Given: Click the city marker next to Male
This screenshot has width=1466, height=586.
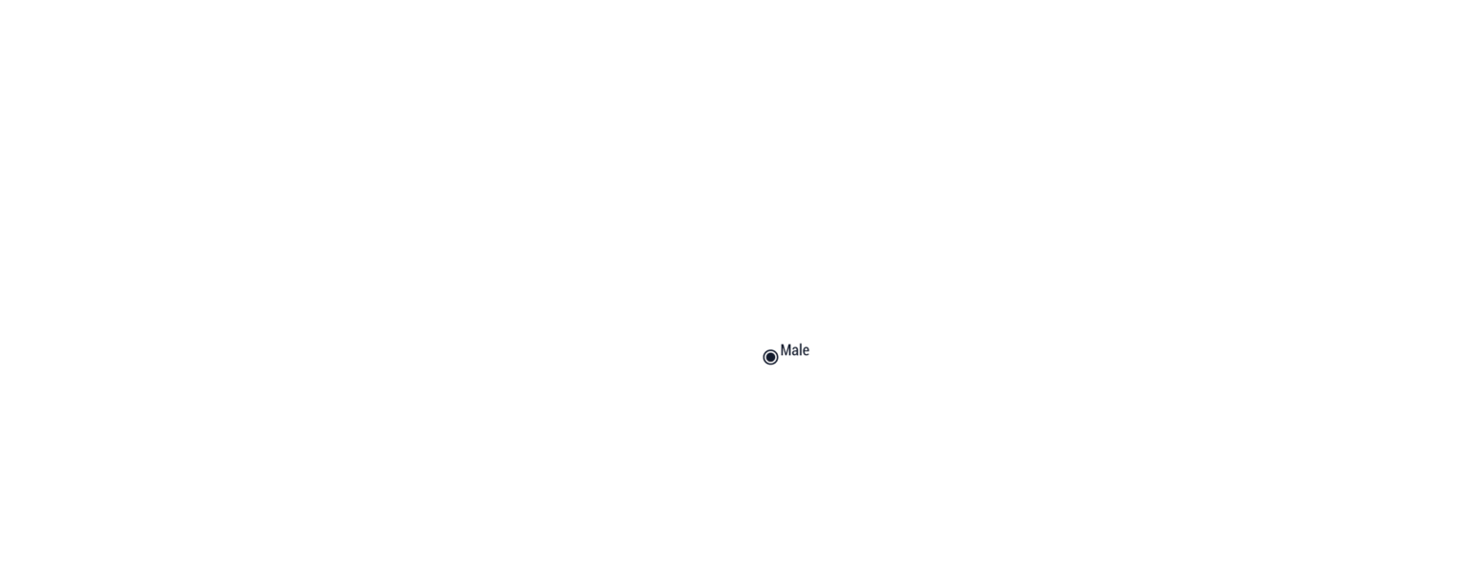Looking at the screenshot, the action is (x=770, y=357).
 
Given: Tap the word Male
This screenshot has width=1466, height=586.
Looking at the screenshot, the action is (x=794, y=350).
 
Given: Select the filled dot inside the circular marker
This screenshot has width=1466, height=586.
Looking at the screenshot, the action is (x=770, y=357).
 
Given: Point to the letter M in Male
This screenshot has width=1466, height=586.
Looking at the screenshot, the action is (x=786, y=350).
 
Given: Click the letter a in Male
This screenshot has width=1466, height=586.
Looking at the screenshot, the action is (x=796, y=351).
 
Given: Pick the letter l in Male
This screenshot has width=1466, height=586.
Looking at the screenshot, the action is (x=802, y=350).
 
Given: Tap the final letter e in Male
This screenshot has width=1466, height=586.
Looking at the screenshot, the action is (x=806, y=351).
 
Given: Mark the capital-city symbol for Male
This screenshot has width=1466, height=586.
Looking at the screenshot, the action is (x=770, y=357).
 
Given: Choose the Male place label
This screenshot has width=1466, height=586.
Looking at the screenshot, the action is (x=794, y=350).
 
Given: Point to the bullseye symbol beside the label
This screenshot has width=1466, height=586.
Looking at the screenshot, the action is (x=770, y=357).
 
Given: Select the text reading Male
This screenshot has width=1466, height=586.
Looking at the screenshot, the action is (x=794, y=350).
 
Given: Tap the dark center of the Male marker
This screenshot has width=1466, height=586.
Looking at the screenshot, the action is (x=770, y=357).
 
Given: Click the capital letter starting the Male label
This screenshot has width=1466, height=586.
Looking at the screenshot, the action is (x=786, y=350).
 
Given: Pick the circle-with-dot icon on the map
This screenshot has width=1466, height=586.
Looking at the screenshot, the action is (x=770, y=357).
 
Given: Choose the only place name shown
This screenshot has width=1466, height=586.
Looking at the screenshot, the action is (x=794, y=350).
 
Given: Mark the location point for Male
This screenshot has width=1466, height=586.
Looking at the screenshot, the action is (x=770, y=357).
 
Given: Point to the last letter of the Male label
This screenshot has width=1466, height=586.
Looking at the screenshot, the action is (x=806, y=351).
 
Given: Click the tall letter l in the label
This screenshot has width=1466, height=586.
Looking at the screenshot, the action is (x=802, y=350).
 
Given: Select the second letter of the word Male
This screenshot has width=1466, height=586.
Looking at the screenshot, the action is (x=796, y=351).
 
